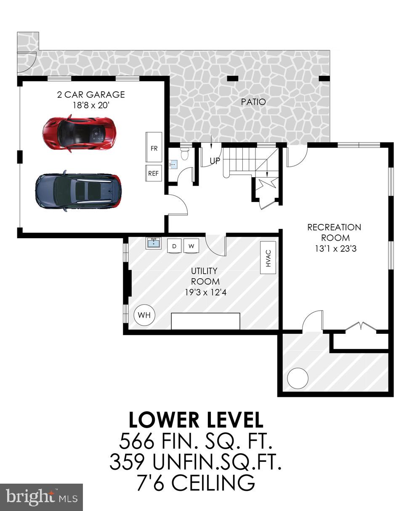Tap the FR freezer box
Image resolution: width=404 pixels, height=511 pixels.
tap(154, 148)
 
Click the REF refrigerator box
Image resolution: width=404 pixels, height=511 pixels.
tap(154, 173)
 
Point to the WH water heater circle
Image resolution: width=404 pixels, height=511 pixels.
tap(144, 315)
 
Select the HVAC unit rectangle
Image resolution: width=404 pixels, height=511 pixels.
tap(268, 257)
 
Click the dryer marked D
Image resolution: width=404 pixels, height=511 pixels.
tap(174, 246)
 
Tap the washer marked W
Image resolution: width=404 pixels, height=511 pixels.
tap(191, 246)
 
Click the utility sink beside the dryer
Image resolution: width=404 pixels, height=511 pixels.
tap(154, 243)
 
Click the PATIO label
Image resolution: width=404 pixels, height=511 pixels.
tap(253, 102)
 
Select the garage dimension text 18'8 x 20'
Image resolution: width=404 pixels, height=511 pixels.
tap(91, 105)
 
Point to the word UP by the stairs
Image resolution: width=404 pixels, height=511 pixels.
tap(215, 160)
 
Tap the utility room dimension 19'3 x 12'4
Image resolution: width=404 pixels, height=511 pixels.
tap(205, 292)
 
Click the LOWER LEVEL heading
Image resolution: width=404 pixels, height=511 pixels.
tap(196, 420)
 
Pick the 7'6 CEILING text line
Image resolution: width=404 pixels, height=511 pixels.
tap(196, 483)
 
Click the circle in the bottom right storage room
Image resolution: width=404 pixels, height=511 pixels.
tap(298, 378)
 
